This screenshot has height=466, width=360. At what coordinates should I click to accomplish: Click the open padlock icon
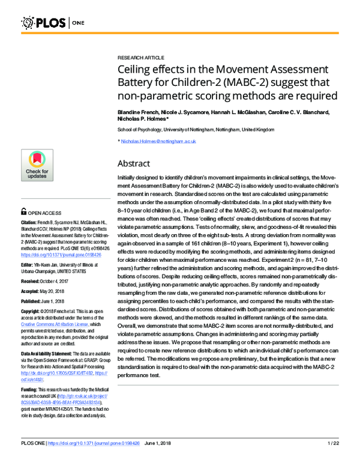click(25, 211)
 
